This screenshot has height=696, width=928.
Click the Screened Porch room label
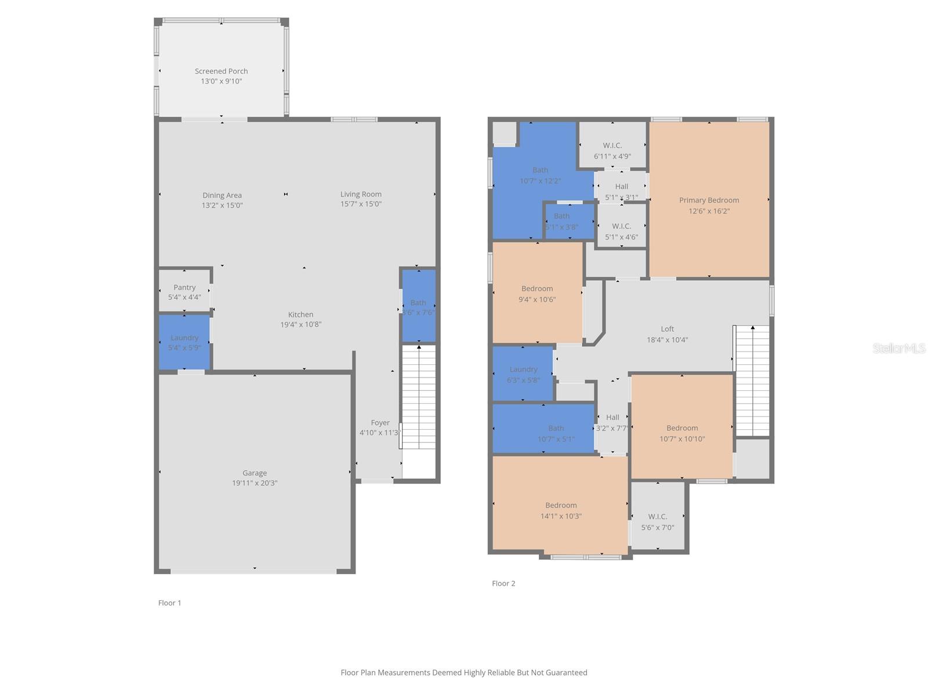point(221,71)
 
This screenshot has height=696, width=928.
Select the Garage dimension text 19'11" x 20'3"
point(255,483)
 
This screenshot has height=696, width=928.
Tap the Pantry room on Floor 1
point(184,292)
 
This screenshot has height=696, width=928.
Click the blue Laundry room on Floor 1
point(184,342)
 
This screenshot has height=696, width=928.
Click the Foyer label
point(380,423)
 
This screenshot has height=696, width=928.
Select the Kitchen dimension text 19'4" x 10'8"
point(300,325)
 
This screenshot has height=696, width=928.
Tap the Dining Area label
point(222,195)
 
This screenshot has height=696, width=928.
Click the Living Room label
point(361,194)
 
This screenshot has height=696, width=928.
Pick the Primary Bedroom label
point(709,200)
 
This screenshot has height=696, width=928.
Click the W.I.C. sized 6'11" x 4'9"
point(612,150)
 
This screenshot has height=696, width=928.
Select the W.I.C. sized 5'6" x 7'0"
point(658,521)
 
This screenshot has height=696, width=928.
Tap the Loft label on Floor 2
point(667,329)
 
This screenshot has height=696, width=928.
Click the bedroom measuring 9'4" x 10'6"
point(537,293)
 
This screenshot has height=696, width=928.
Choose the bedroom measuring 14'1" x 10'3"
point(560,510)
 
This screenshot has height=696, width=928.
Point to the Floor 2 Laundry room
point(523,374)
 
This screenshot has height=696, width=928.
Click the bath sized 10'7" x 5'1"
point(556,433)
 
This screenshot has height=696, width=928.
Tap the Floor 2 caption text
point(503,583)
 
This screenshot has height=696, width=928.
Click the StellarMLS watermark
point(899,348)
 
